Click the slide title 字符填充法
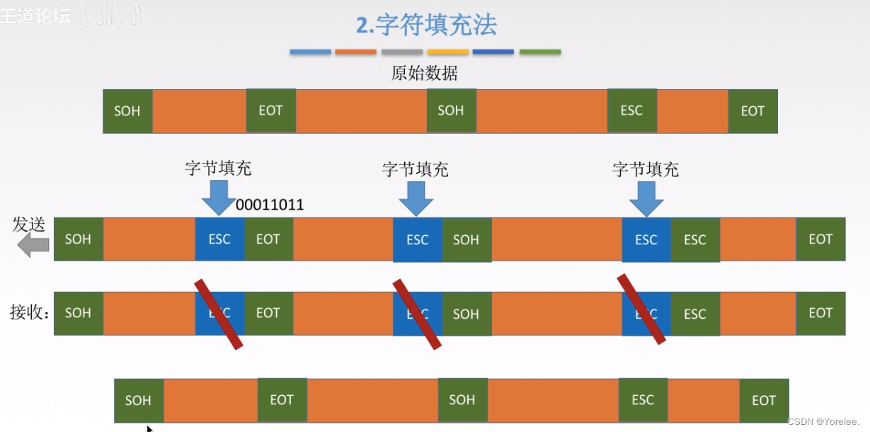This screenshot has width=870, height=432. point(427,25)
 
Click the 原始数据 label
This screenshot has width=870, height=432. point(424,73)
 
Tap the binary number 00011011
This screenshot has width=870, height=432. point(270,205)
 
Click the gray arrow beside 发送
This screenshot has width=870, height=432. point(34,246)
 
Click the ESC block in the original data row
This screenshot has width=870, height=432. point(631,110)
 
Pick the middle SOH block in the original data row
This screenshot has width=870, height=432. point(451,110)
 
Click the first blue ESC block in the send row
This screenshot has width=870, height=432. point(219,239)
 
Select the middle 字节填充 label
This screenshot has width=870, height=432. point(416,169)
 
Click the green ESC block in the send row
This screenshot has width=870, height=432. point(695,240)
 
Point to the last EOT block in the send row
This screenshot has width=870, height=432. point(820,239)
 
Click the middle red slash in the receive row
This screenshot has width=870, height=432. point(417,314)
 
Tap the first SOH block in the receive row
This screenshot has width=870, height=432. point(78,313)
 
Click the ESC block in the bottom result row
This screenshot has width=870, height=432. point(643,400)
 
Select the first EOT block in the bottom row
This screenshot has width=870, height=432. point(282,400)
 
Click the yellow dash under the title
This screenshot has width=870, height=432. point(448,52)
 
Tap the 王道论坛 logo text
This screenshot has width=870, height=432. point(35,16)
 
